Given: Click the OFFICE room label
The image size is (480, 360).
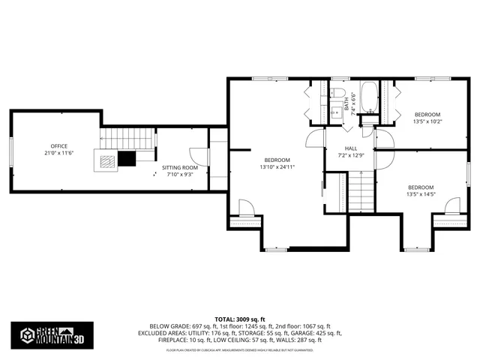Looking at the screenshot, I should [59, 145].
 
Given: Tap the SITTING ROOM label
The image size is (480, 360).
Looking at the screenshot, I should [180, 168].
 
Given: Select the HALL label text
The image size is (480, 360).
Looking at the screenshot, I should [351, 148].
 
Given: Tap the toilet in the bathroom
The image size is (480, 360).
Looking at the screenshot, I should [334, 115].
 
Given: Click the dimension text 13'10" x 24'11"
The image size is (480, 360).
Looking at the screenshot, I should [277, 166].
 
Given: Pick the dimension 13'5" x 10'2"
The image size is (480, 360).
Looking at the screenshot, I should [427, 121].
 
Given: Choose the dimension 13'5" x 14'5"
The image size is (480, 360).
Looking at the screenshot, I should [421, 193].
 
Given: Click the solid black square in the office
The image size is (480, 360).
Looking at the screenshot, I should [127, 157].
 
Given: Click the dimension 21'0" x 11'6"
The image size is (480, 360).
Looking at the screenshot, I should [59, 153].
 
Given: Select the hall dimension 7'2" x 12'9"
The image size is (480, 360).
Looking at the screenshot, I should [351, 156].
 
